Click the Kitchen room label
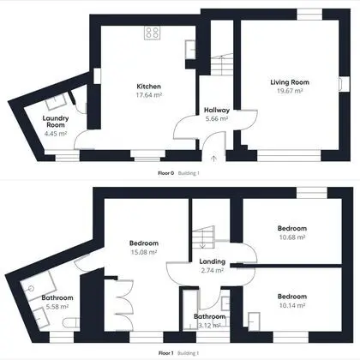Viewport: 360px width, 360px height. point(148,87)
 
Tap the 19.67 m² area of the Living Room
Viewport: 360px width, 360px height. point(290,91)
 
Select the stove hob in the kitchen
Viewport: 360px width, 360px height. point(152,33)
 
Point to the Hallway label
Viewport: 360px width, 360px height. point(217,110)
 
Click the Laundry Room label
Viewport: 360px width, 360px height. point(56,122)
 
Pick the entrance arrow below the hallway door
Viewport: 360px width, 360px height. point(213,159)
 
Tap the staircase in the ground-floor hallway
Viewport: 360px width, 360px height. point(222,64)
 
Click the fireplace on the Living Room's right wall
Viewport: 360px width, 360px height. point(341,84)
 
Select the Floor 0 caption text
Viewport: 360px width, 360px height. point(166,173)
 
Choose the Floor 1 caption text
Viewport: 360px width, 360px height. point(166,353)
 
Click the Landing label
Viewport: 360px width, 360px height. point(213,261)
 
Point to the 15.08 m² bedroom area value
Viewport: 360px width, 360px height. point(144,252)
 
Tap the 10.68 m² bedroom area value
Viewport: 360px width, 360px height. point(292,237)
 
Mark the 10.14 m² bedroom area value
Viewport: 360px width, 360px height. point(292,305)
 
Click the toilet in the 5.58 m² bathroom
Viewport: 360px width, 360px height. point(71,323)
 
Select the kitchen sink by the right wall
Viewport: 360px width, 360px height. point(190,50)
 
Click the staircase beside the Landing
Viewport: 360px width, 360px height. point(203,237)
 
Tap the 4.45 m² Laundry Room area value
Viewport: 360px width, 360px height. point(56,134)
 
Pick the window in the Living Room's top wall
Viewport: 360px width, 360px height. point(309,15)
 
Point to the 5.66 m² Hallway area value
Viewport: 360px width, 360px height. point(217,118)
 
